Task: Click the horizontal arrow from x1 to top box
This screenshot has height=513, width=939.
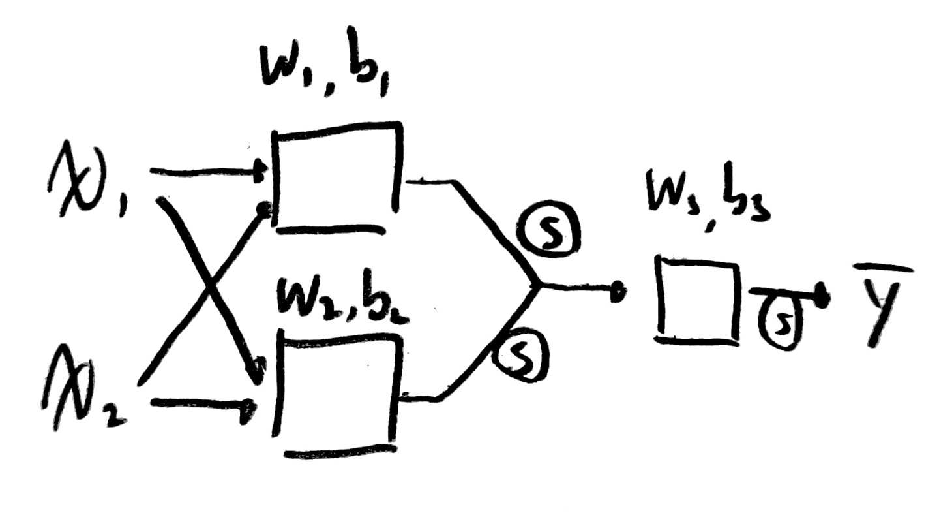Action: tap(205, 173)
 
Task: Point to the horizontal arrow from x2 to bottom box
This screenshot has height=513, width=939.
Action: tap(199, 405)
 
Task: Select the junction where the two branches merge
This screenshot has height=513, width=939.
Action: tap(536, 286)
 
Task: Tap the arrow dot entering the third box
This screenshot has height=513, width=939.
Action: tap(616, 290)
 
